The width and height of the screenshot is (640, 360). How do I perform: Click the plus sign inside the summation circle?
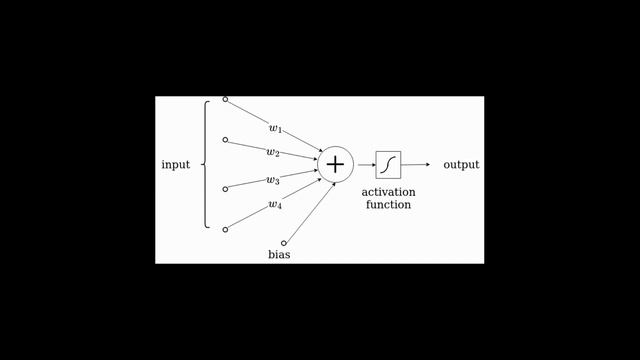(x=335, y=164)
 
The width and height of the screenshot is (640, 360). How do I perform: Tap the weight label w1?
(x=275, y=129)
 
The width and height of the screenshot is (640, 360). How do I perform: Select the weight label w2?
(x=272, y=153)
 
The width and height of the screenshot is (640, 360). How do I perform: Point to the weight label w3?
(x=272, y=181)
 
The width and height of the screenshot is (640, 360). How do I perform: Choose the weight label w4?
(x=274, y=205)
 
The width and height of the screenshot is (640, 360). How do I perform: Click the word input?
(x=176, y=164)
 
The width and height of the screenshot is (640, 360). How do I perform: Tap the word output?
(x=461, y=164)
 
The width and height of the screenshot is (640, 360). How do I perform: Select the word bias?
(x=279, y=254)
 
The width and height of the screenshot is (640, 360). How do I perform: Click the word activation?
(x=388, y=191)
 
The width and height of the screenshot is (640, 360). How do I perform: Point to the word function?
(x=388, y=204)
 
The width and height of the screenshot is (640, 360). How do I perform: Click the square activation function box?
(x=388, y=164)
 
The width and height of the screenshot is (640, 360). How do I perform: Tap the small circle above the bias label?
(x=284, y=242)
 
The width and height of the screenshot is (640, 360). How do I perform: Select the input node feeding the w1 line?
(x=225, y=100)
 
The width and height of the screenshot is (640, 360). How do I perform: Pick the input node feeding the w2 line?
(x=225, y=140)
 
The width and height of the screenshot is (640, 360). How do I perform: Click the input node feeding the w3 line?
(x=225, y=188)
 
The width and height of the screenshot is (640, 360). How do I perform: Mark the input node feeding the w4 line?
(x=225, y=229)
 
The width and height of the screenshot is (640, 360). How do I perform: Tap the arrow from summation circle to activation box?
(x=364, y=164)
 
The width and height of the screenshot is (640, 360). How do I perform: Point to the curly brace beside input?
(x=206, y=164)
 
